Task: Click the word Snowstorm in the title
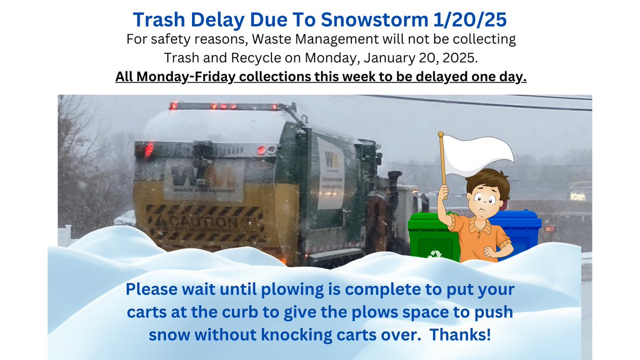point(377,20)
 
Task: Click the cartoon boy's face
point(483,197)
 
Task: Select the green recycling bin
point(429,237)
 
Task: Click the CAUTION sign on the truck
point(203,222)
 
